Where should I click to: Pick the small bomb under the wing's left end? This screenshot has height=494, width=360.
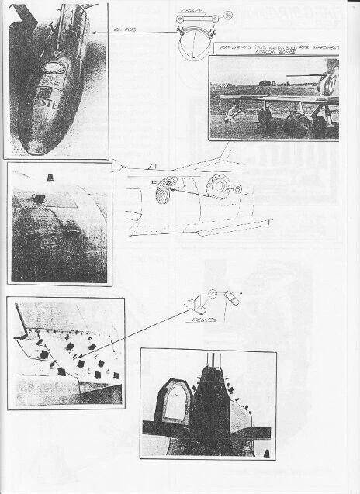(238, 116)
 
